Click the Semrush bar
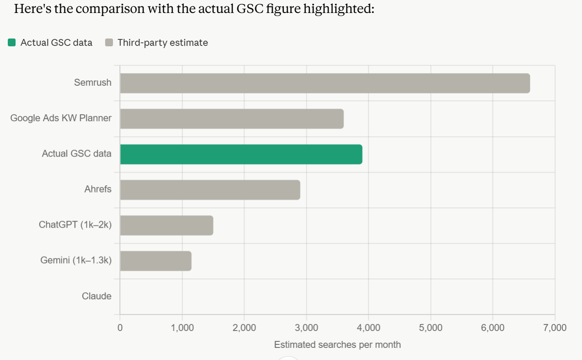tap(325, 83)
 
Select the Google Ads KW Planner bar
tap(232, 119)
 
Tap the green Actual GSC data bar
tap(241, 154)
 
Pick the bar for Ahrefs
tap(210, 190)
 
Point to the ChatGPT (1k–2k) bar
tap(167, 225)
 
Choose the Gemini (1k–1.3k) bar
tap(156, 261)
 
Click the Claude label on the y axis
tap(96, 296)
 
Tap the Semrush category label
tap(93, 83)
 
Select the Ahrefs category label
tap(98, 189)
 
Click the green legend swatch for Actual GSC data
tap(12, 42)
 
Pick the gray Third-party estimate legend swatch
tap(109, 42)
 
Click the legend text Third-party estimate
tap(163, 42)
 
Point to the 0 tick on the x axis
tap(120, 328)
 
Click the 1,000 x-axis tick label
tap(182, 328)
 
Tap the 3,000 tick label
tap(306, 328)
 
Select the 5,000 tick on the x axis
tap(431, 328)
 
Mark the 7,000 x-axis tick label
tap(555, 328)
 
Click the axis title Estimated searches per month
tap(338, 345)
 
